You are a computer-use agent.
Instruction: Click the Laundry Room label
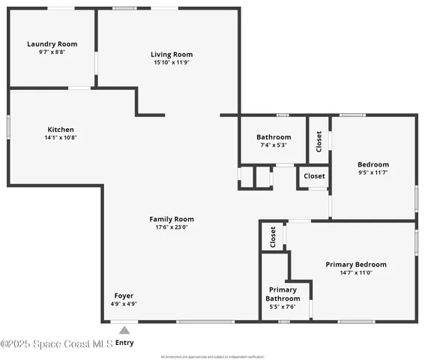click(52, 44)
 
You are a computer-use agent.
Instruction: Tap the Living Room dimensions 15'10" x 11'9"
click(172, 63)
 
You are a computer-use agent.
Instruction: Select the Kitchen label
click(61, 129)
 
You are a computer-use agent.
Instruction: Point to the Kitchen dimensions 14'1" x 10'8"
click(61, 138)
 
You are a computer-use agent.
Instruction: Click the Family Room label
click(172, 218)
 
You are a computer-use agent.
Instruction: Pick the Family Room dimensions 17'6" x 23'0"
click(172, 227)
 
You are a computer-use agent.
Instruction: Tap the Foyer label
click(124, 295)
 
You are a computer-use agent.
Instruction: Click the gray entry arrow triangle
click(124, 330)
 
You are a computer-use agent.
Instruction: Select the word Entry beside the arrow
click(124, 343)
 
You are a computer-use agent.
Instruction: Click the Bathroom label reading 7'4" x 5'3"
click(274, 137)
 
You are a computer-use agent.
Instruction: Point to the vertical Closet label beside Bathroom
click(319, 141)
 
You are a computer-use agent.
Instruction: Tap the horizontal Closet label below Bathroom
click(314, 176)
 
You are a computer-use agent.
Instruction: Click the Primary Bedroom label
click(355, 264)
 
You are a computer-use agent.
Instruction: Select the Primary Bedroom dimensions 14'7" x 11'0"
click(355, 273)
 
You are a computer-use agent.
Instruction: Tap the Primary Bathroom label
click(282, 293)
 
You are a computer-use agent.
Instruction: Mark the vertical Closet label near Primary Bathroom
click(273, 237)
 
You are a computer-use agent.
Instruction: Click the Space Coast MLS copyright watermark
click(56, 343)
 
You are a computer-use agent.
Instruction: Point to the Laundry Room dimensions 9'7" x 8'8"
click(52, 52)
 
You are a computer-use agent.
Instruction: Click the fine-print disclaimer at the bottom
click(212, 356)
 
